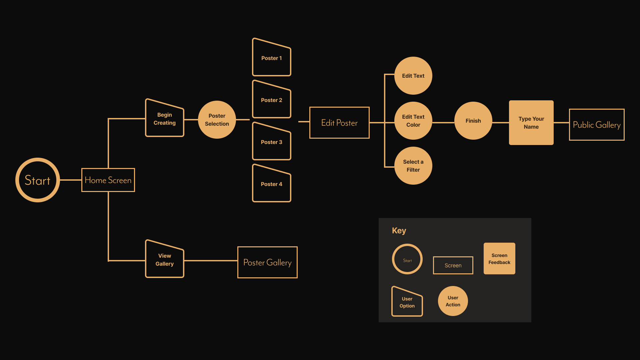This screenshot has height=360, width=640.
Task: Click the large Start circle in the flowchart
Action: tap(38, 180)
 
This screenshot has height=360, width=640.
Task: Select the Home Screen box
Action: tap(108, 180)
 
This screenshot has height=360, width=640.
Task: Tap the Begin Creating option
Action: tap(165, 119)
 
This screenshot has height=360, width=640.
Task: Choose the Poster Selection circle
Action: tap(217, 120)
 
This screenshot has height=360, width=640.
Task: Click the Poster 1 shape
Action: tap(272, 58)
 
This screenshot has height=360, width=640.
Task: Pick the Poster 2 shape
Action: tap(272, 100)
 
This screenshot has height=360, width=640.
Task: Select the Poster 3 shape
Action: tap(272, 142)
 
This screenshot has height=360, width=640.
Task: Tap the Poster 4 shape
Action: tap(272, 184)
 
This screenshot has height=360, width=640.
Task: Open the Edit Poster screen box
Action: tap(339, 123)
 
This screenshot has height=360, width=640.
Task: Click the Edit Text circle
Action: tap(413, 76)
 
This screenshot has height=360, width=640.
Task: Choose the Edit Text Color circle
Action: tap(413, 121)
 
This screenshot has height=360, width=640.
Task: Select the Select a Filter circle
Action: tap(413, 166)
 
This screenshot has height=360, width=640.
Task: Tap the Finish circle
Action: tap(473, 121)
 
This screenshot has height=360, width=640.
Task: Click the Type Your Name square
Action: tap(531, 123)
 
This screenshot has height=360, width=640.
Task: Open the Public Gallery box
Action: tap(597, 125)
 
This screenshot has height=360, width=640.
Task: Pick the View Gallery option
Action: tap(165, 260)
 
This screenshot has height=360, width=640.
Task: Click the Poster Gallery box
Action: tap(267, 262)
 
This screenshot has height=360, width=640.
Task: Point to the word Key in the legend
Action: tap(399, 231)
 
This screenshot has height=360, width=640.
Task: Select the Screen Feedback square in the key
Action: tap(499, 259)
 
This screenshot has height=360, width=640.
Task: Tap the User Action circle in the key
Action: tap(453, 301)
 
